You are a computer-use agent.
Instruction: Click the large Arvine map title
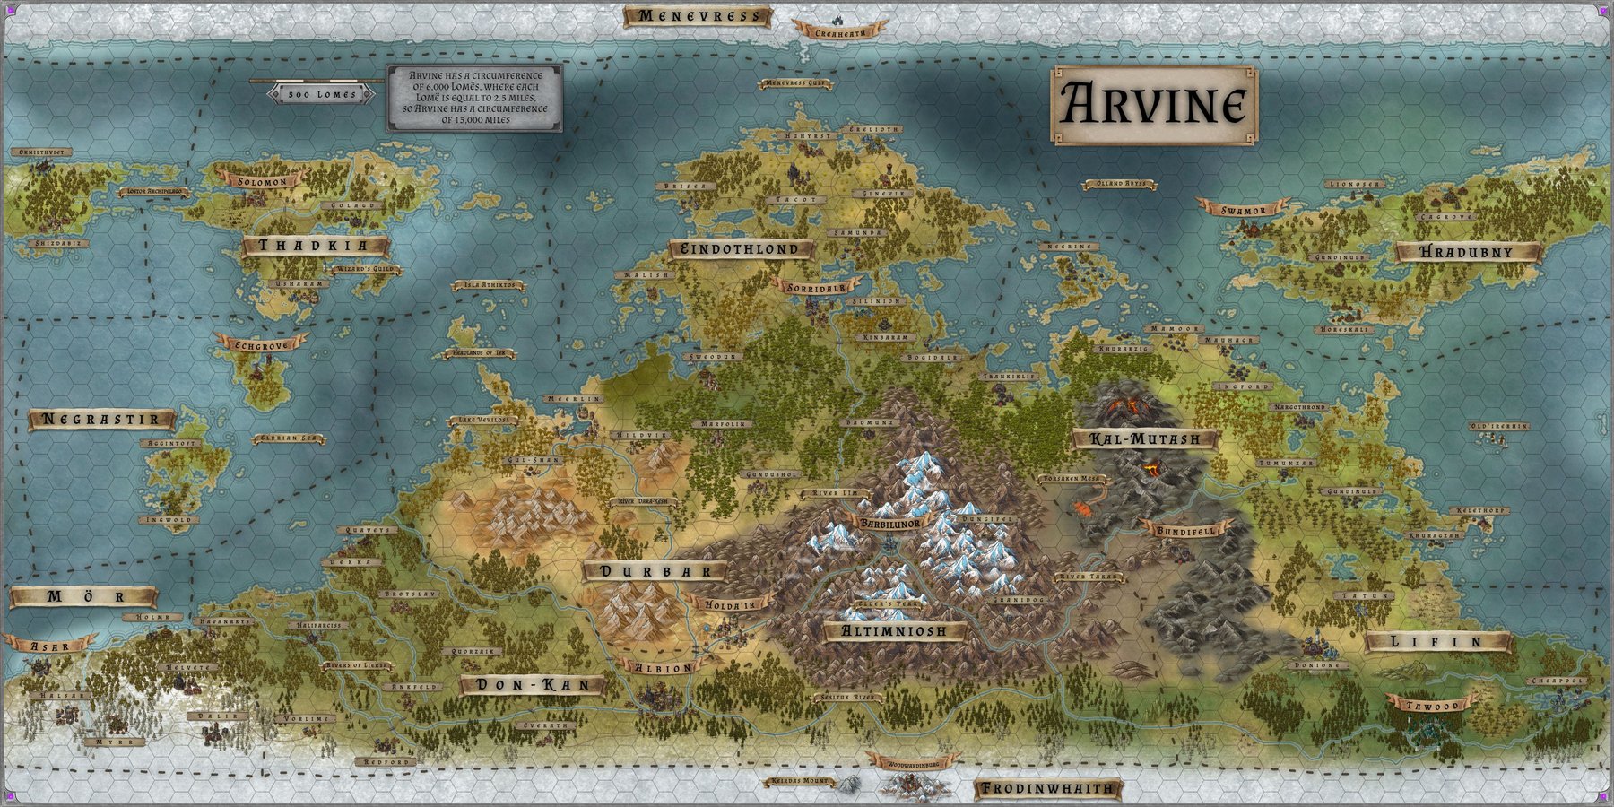coord(1153,105)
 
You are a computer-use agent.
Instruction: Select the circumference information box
coord(474,98)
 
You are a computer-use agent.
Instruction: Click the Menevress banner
coord(698,16)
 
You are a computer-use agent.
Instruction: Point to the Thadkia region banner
coord(314,246)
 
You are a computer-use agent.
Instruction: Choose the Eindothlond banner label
coord(741,249)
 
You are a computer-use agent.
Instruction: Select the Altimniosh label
coord(894,631)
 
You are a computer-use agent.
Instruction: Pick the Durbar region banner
coord(654,571)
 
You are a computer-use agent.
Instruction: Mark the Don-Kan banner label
coord(533,685)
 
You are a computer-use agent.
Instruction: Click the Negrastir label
coord(101,419)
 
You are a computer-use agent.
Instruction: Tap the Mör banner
coord(82,597)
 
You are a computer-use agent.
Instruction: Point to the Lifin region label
coord(1437,642)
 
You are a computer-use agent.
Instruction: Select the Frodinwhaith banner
coord(1047,789)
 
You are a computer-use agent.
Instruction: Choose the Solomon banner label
coord(263,181)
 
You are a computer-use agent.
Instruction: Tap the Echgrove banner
coord(259,344)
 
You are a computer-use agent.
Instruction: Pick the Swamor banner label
coord(1243,211)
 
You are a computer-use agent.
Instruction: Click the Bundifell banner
coord(1185,530)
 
